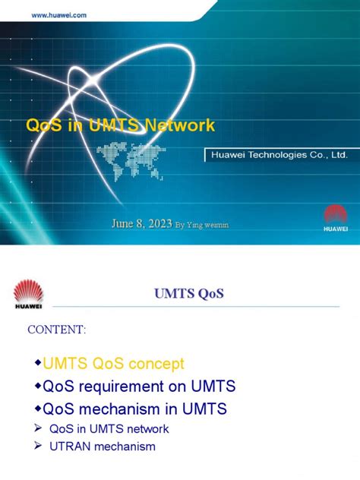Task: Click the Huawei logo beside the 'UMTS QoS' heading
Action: click(30, 294)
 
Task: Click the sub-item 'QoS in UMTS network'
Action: click(109, 429)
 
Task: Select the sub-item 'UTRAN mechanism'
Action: click(102, 447)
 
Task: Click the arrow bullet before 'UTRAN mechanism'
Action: click(36, 447)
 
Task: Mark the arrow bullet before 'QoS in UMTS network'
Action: click(36, 429)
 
